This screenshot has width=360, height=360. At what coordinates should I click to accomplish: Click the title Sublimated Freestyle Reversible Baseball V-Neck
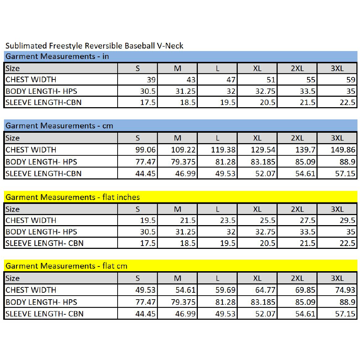tap(94, 46)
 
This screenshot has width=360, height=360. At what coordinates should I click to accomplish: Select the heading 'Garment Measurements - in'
tap(57, 56)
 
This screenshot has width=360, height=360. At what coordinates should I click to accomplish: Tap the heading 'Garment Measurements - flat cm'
tap(66, 266)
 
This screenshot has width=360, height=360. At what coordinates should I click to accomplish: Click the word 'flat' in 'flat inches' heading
tap(108, 197)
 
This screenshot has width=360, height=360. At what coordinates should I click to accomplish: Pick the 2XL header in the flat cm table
tap(297, 278)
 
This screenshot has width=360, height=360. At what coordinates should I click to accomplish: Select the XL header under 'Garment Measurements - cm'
tap(258, 138)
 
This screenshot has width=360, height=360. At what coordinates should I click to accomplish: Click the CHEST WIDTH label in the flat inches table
tap(31, 220)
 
